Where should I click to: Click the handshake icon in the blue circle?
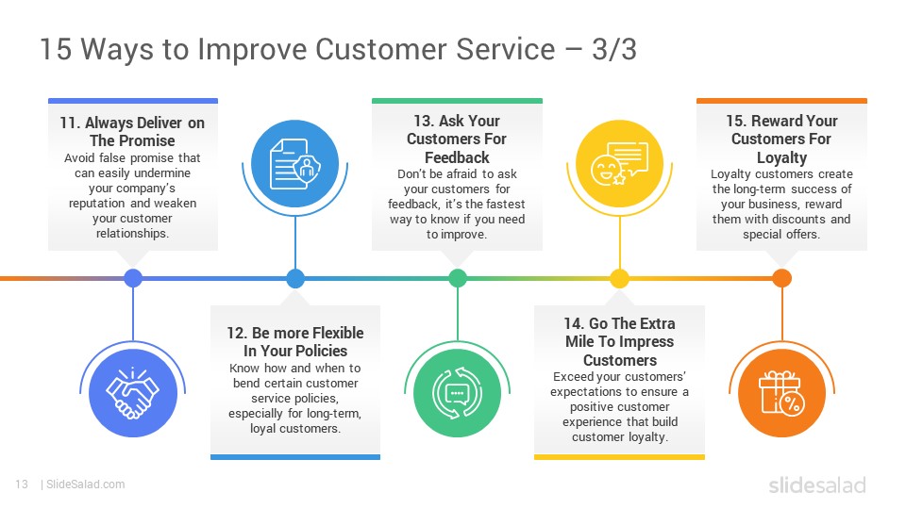point(133,392)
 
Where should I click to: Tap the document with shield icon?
point(295,164)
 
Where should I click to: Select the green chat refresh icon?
point(457,393)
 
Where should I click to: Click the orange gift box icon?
point(781,393)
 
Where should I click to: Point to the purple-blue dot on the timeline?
point(133,278)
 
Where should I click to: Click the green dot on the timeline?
point(458,278)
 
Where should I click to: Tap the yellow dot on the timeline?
point(619,278)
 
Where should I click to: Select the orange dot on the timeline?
point(781,278)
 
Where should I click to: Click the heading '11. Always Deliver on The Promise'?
point(132,132)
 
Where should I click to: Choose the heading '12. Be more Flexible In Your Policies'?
point(295,341)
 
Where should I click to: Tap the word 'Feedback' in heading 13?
point(457,157)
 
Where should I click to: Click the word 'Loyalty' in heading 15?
point(781,157)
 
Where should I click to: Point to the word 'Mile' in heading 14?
point(579,341)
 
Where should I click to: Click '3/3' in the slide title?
point(614,49)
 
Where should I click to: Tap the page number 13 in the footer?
point(22,484)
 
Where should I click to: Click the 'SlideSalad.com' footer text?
point(86,484)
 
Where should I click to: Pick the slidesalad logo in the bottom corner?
point(817,484)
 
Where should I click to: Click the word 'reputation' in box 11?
point(96,204)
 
